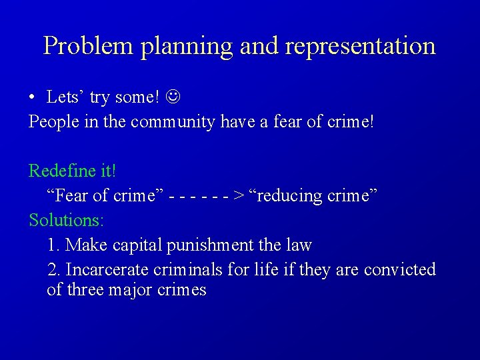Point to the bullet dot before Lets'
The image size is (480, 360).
pos(32,97)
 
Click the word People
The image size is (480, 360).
pos(51,122)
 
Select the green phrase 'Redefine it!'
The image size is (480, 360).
pos(72,171)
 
